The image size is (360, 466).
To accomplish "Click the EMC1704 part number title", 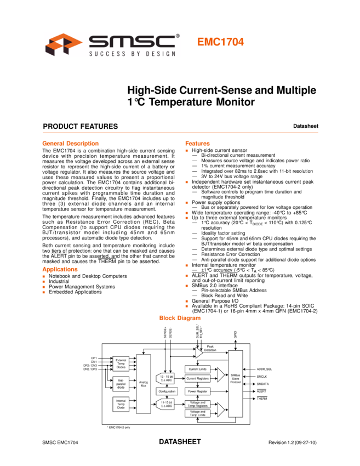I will coord(220,42).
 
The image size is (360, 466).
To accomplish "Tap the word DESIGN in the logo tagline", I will coord(163,53).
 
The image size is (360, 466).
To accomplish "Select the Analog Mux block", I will coord(143,384).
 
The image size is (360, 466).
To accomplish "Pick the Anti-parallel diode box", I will coord(121,383).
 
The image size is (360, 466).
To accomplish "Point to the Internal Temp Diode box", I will coord(121,404).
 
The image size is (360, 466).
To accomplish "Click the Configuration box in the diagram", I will coord(167,391).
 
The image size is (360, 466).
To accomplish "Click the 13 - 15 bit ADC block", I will coord(165,379).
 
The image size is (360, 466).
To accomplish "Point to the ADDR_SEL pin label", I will coord(264,369).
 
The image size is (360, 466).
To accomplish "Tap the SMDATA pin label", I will coord(263,384).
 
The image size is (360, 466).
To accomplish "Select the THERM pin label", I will coord(261,399).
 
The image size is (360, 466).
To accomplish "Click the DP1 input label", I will coord(94,358).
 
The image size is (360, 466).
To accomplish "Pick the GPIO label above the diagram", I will coord(235,332).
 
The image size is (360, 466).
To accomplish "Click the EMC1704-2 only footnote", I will coord(119,426).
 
